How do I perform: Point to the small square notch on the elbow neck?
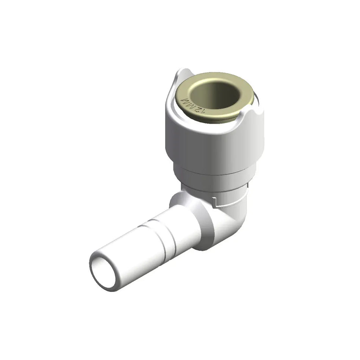(x=215, y=201)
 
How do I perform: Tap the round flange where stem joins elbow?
(x=207, y=227)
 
